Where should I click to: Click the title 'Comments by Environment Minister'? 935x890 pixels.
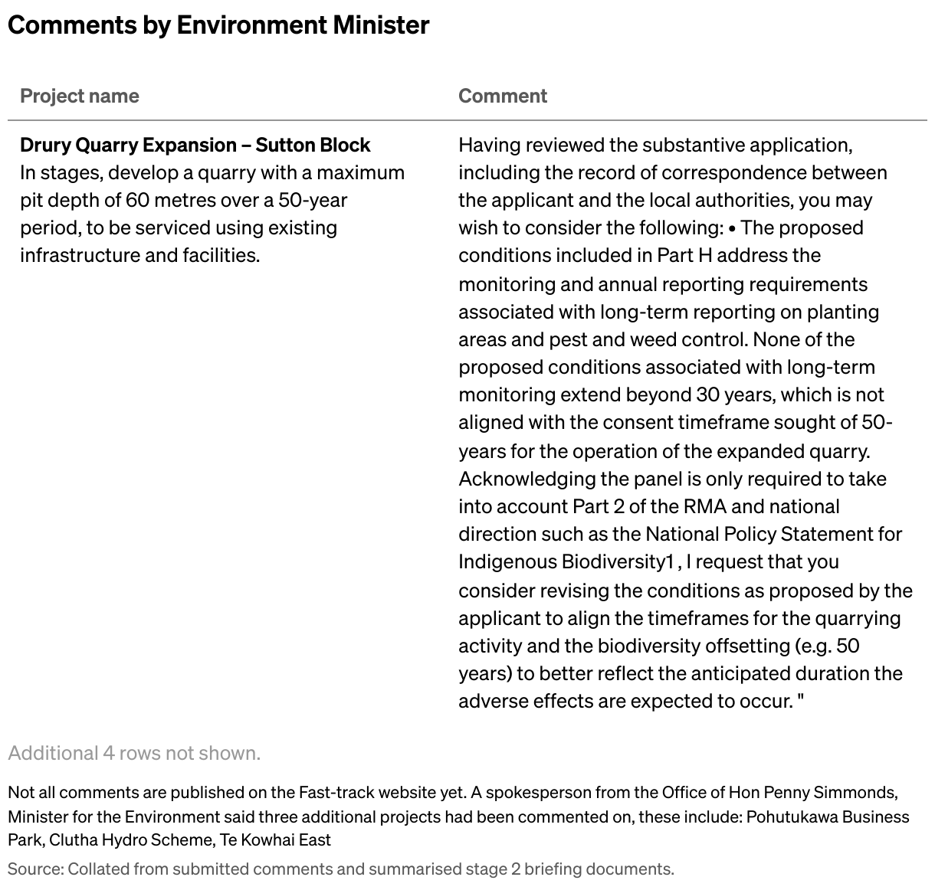click(x=218, y=25)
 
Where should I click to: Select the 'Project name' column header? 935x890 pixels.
click(x=80, y=96)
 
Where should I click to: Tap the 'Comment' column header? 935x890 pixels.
click(x=503, y=96)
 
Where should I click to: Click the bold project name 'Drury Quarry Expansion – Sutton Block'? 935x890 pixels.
click(x=195, y=145)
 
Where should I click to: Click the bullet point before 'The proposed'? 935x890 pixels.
click(x=733, y=227)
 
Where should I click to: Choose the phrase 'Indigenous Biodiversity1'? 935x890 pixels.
click(x=566, y=561)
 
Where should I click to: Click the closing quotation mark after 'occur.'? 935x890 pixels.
click(x=801, y=701)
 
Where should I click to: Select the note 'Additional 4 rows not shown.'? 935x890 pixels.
click(x=134, y=753)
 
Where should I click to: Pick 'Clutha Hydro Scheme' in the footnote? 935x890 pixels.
click(x=130, y=839)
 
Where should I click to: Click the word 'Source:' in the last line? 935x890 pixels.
click(x=35, y=869)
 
